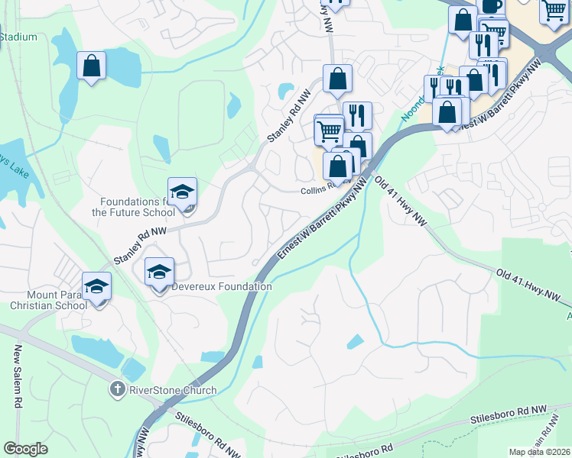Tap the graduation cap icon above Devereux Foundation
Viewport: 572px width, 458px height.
pos(159,272)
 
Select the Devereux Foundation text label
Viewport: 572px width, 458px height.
pos(222,287)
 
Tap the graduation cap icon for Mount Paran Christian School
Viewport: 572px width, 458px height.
pos(97,286)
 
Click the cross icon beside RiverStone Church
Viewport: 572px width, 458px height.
pos(117,389)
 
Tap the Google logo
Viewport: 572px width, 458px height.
pos(25,449)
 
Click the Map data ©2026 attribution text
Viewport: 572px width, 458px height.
pos(539,452)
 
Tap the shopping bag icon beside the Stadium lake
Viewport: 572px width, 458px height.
pos(91,66)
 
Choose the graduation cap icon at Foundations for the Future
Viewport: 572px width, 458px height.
pos(182,192)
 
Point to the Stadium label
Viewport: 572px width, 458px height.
pos(18,37)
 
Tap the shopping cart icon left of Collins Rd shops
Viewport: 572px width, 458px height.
pos(329,129)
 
